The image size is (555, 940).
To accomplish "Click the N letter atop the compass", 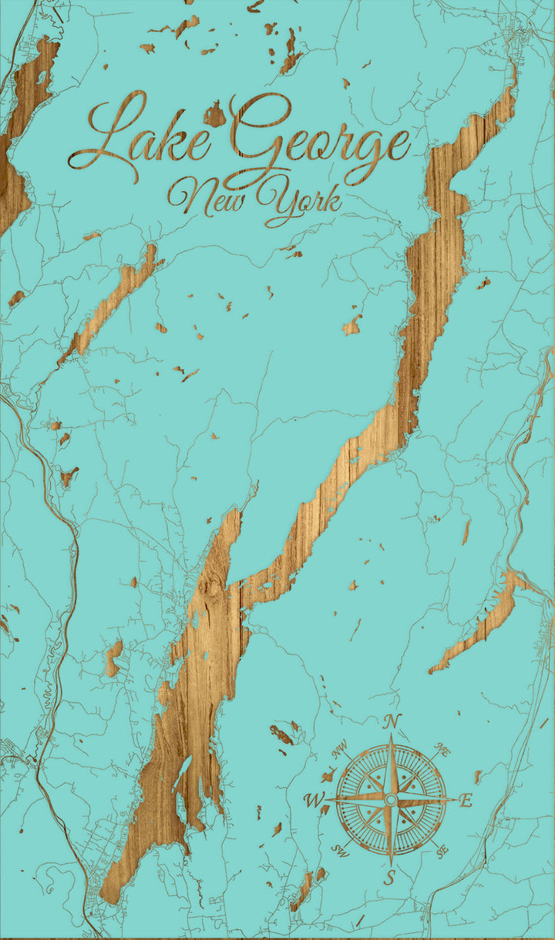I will (392, 722).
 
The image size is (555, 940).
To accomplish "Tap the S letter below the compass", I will (390, 876).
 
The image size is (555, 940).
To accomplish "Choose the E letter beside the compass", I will (465, 801).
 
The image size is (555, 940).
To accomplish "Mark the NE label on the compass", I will (442, 748).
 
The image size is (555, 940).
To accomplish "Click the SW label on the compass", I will (340, 851).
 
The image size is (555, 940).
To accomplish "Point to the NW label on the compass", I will (339, 747).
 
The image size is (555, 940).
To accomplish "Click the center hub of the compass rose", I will (391, 800).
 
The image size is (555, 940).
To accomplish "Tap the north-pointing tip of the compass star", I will (391, 737).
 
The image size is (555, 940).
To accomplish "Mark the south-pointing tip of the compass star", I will (391, 863).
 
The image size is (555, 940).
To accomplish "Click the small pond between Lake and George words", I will (214, 116).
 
